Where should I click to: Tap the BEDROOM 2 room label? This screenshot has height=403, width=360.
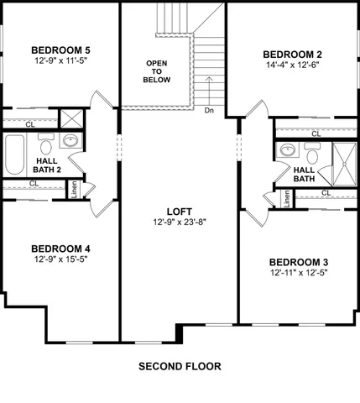pyautogui.click(x=294, y=55)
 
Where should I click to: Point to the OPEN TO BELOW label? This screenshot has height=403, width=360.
pyautogui.click(x=157, y=71)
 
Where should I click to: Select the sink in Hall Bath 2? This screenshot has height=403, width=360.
pyautogui.click(x=72, y=141)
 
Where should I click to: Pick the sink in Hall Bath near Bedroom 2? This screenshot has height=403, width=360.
pyautogui.click(x=288, y=150)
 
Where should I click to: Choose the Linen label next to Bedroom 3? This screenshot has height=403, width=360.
pyautogui.click(x=287, y=198)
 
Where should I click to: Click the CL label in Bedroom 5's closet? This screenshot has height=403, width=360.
pyautogui.click(x=30, y=124)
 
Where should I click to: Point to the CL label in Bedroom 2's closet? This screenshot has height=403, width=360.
pyautogui.click(x=316, y=133)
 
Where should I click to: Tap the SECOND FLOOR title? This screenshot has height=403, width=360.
pyautogui.click(x=180, y=367)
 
